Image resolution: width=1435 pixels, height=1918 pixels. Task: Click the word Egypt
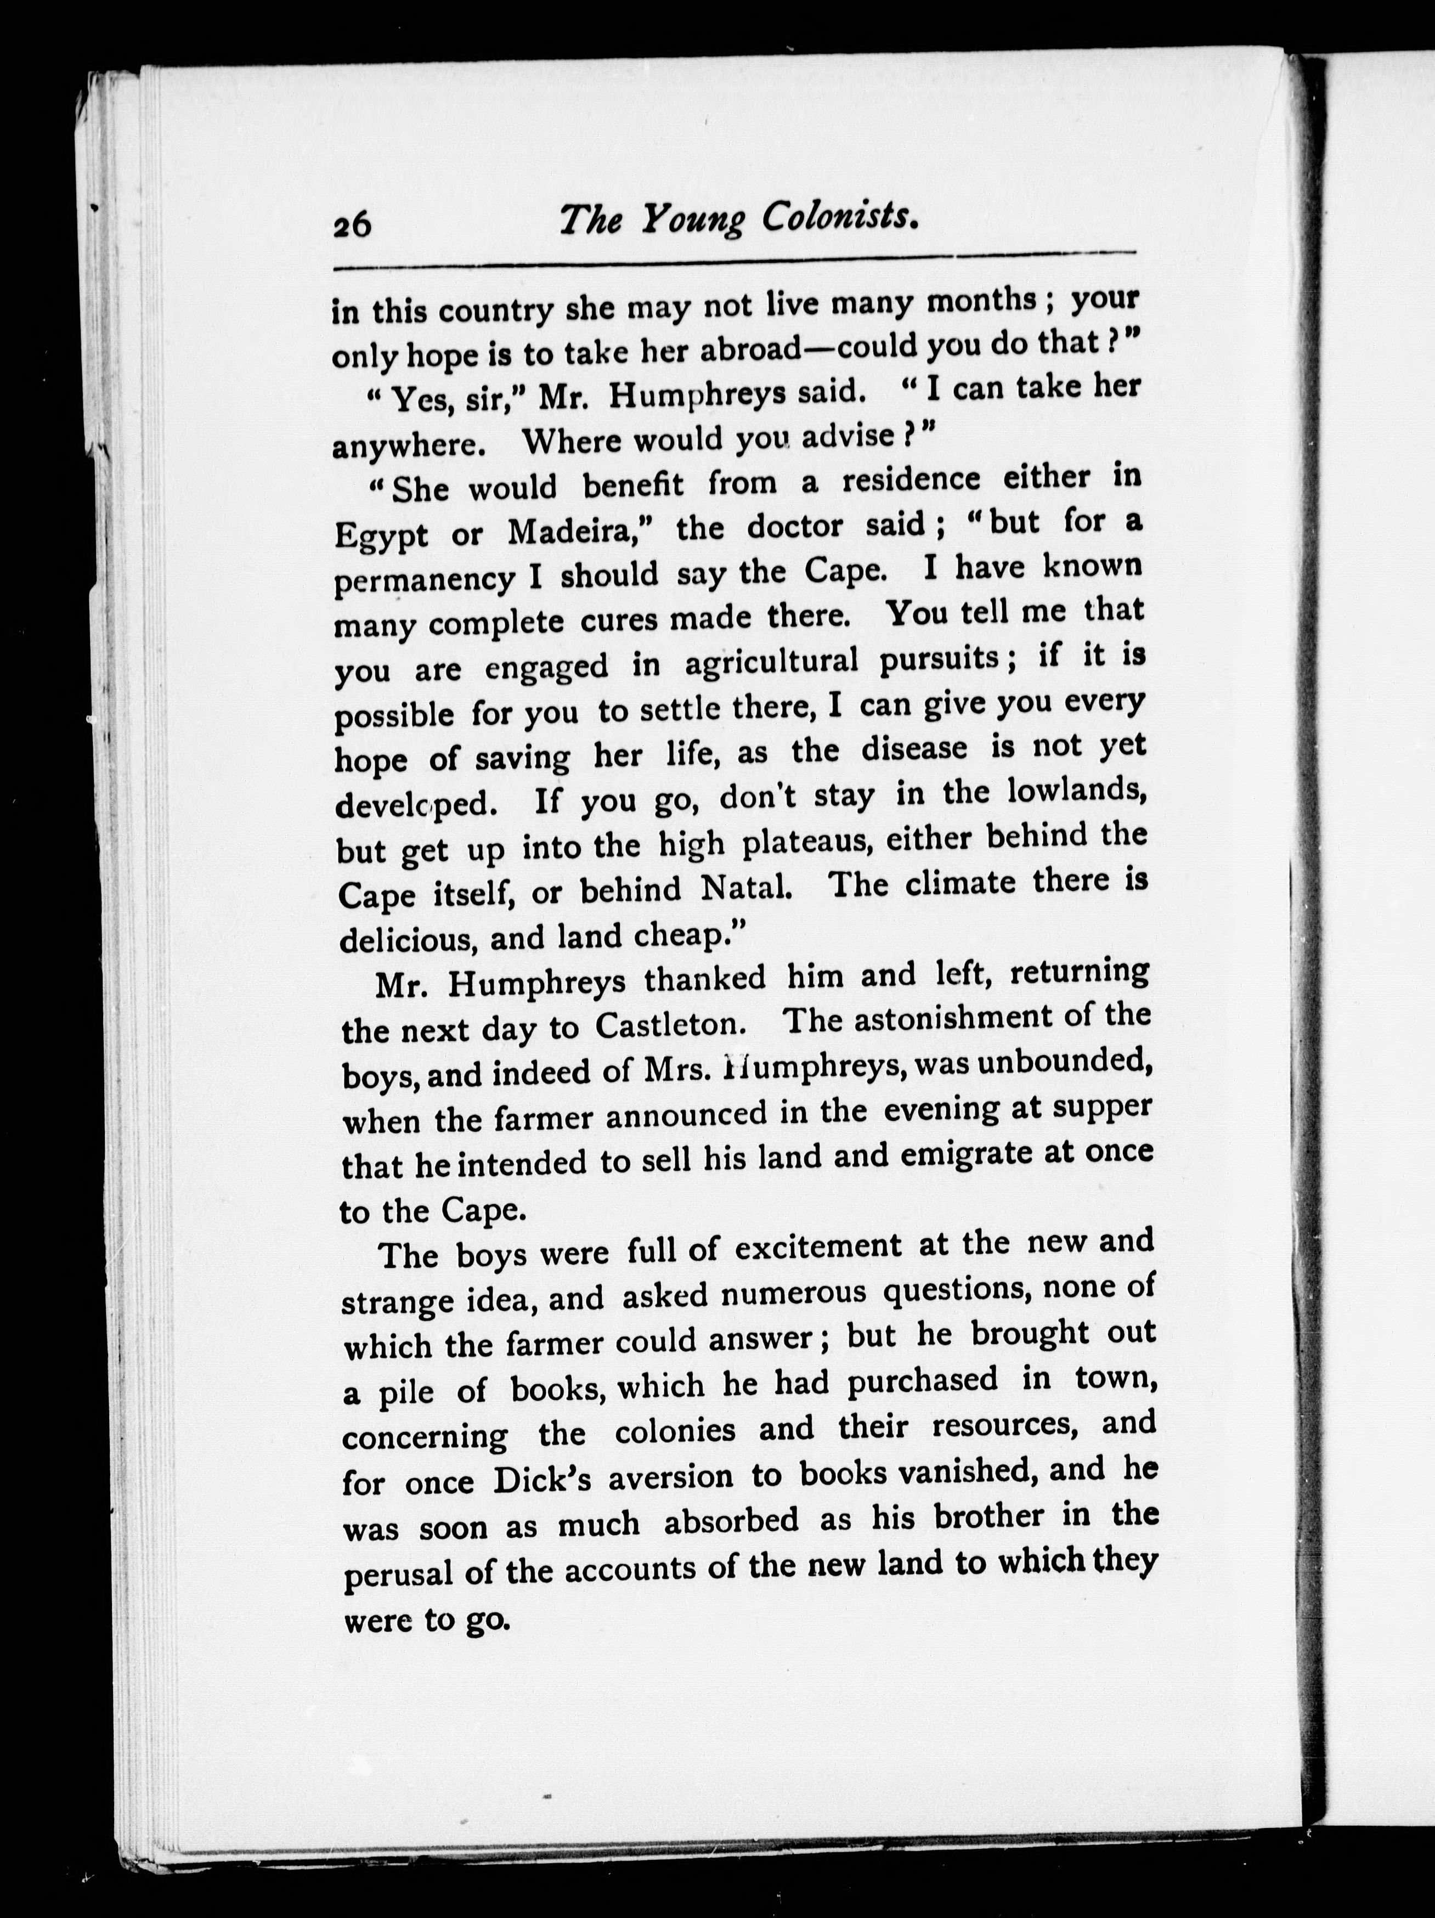[381, 535]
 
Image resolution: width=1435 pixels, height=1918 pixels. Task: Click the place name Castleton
[670, 1026]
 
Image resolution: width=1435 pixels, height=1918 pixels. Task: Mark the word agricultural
[771, 662]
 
